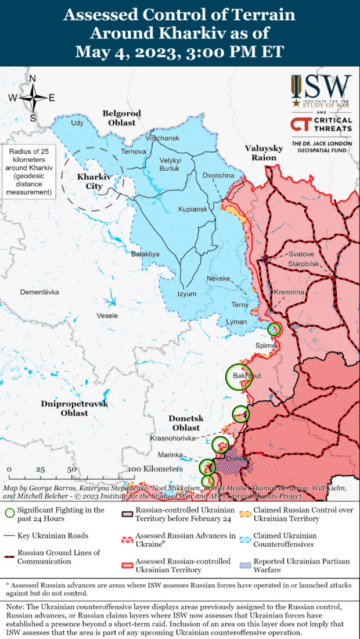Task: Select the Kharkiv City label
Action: pos(90,181)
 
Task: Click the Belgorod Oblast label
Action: pos(119,118)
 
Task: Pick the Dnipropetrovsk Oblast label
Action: pos(74,408)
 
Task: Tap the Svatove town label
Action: pos(301,254)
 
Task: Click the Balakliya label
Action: pos(145,254)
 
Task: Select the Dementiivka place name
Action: pos(39,292)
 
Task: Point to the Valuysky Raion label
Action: pos(264,153)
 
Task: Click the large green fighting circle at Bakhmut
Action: pos(239,376)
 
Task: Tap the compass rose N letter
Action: pos(33,79)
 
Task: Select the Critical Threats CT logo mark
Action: pos(300,124)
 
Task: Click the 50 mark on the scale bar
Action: pos(71,469)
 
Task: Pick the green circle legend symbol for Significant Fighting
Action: pos(9,513)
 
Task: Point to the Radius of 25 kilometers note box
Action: pos(28,171)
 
